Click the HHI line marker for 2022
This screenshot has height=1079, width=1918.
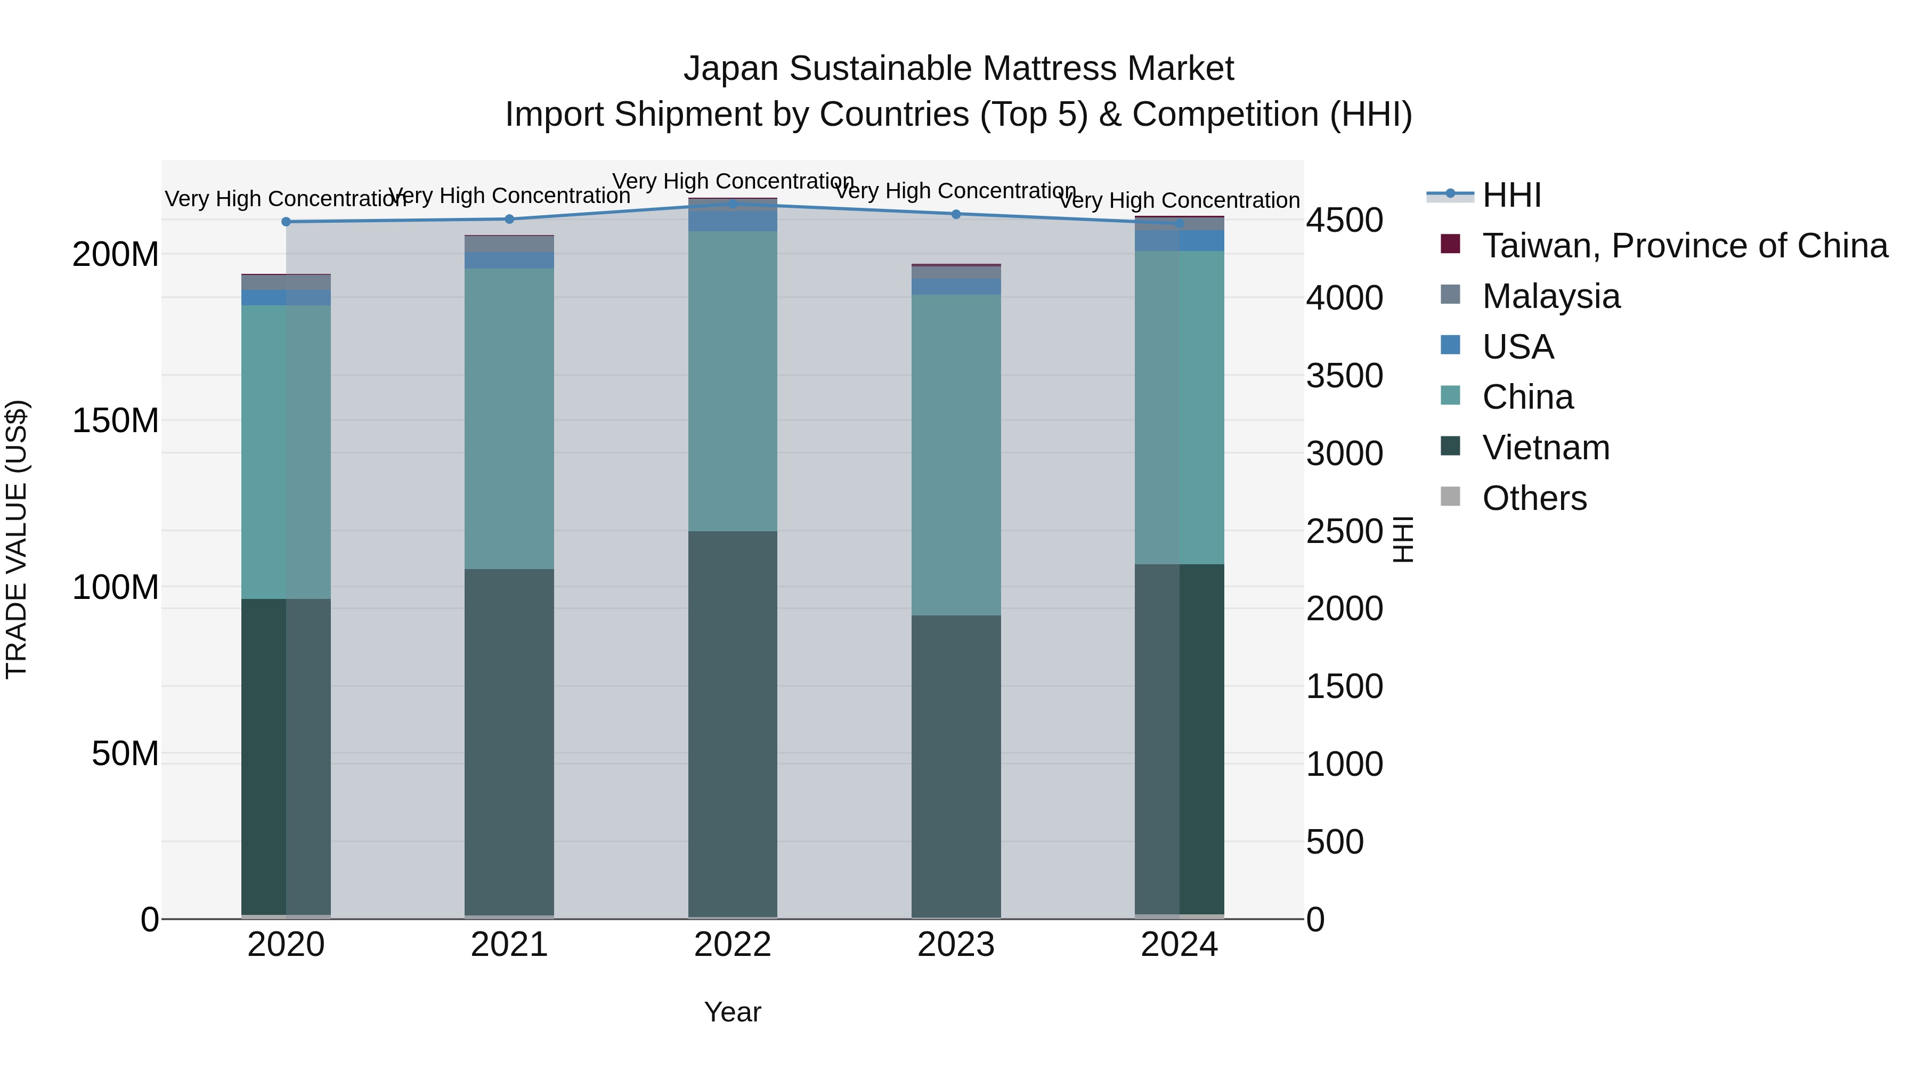pyautogui.click(x=733, y=204)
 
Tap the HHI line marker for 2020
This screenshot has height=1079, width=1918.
pyautogui.click(x=286, y=222)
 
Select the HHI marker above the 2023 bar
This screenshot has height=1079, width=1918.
pyautogui.click(x=956, y=214)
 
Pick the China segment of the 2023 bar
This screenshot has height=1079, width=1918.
pyautogui.click(x=956, y=454)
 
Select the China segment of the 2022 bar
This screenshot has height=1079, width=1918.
pyautogui.click(x=733, y=380)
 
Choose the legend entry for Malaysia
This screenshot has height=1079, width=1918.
pyautogui.click(x=1550, y=296)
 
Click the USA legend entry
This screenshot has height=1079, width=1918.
pyautogui.click(x=1517, y=347)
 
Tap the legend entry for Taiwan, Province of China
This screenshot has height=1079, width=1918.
pyautogui.click(x=1684, y=246)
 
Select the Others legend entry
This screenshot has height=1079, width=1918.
pyautogui.click(x=1534, y=498)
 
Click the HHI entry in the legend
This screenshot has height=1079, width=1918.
pyautogui.click(x=1511, y=195)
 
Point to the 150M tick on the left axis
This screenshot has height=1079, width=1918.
pyautogui.click(x=116, y=421)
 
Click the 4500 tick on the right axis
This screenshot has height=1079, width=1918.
pyautogui.click(x=1344, y=221)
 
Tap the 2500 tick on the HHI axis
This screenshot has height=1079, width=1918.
pyautogui.click(x=1344, y=532)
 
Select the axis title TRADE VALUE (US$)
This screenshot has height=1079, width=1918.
pyautogui.click(x=17, y=539)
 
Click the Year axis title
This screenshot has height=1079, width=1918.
pyautogui.click(x=733, y=1012)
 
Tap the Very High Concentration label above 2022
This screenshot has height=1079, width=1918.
pyautogui.click(x=733, y=181)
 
